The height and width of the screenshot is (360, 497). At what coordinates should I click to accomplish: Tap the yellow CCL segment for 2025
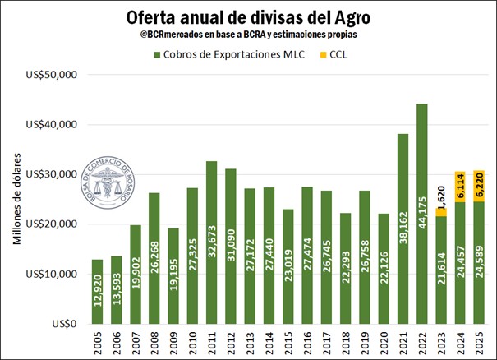pyautogui.click(x=479, y=186)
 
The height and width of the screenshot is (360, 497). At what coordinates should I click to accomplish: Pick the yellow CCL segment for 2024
pyautogui.click(x=461, y=187)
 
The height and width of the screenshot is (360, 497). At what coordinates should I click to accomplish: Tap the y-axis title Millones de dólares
pyautogui.click(x=17, y=198)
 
